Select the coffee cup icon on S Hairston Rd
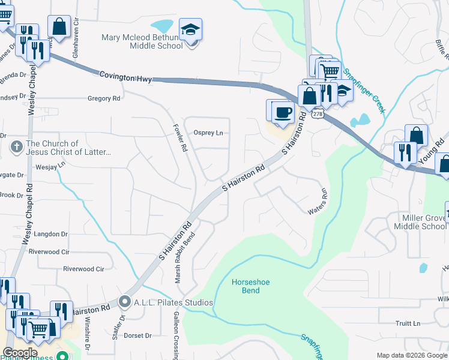(283, 112)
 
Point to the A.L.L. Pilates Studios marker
(125, 301)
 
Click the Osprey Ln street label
(208, 133)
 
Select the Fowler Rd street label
(182, 138)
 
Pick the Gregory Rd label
(104, 98)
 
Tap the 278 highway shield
(318, 114)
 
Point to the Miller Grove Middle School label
(420, 221)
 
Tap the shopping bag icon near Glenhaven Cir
(59, 26)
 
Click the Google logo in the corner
(20, 353)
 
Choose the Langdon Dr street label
(52, 234)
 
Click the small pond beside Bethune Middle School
(161, 26)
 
